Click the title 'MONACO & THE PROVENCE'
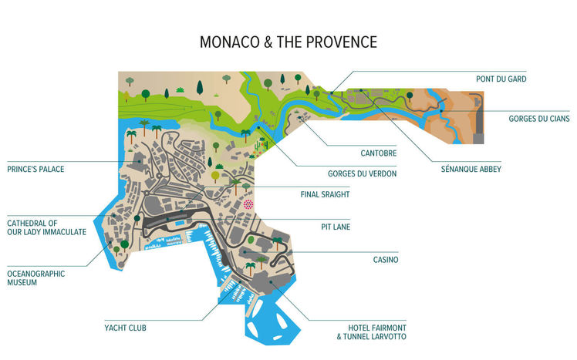click(x=288, y=42)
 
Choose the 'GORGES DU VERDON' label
click(x=362, y=174)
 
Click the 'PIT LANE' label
click(x=336, y=227)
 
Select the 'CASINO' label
click(x=386, y=260)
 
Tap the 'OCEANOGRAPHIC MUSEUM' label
click(x=35, y=278)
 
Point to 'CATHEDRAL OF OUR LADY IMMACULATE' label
click(x=46, y=227)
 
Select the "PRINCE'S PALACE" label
click(x=35, y=168)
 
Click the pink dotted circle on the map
click(x=248, y=204)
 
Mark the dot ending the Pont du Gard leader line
click(x=332, y=93)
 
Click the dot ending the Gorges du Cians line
click(x=441, y=112)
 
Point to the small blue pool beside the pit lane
click(x=179, y=224)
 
